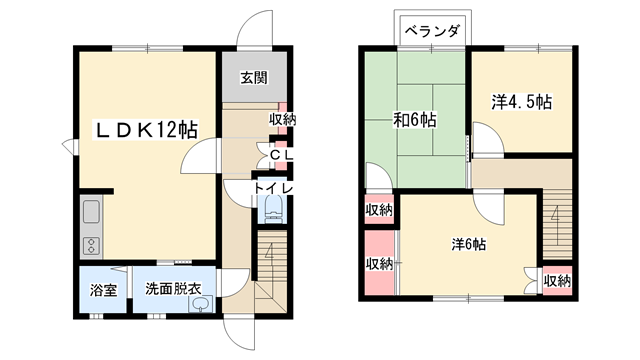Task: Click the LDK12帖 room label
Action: [x=145, y=130]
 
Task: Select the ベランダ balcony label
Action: [x=432, y=31]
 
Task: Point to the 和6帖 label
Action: [x=413, y=121]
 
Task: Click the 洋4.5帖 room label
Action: [x=522, y=102]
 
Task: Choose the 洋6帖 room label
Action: [x=467, y=243]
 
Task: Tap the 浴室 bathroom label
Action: [x=103, y=291]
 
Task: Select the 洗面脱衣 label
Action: [x=174, y=291]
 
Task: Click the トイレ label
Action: [x=272, y=188]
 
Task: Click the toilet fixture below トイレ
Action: [x=273, y=210]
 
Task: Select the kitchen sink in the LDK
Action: [x=89, y=211]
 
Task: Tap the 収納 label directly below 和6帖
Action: [x=378, y=209]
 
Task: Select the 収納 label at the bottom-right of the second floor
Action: [x=557, y=281]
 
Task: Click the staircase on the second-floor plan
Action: [x=557, y=215]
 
